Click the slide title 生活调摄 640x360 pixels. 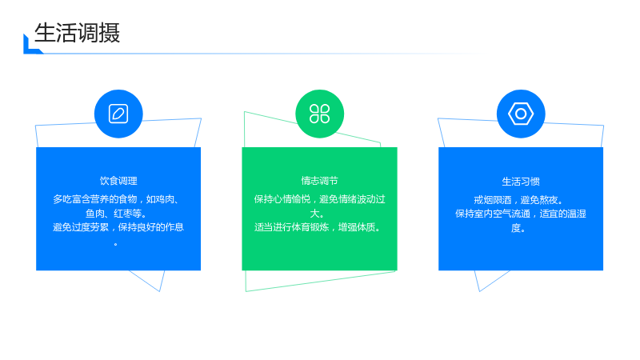(77, 33)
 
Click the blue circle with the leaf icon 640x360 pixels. (118, 114)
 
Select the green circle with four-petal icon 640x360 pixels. (319, 114)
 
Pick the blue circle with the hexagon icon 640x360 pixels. (521, 114)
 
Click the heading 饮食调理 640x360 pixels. (118, 181)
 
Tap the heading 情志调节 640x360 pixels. (319, 181)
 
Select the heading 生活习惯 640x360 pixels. (521, 182)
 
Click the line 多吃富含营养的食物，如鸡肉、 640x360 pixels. (116, 199)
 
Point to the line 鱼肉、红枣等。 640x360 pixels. (116, 213)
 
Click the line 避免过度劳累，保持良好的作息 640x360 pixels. (118, 227)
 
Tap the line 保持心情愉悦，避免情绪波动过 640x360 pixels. (319, 199)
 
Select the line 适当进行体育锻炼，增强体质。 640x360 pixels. (318, 227)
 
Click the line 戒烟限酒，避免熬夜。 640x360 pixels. (518, 200)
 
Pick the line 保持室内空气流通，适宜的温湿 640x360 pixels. (521, 214)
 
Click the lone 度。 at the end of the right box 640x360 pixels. (518, 228)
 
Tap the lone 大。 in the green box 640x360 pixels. (317, 213)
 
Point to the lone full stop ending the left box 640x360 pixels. (116, 244)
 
